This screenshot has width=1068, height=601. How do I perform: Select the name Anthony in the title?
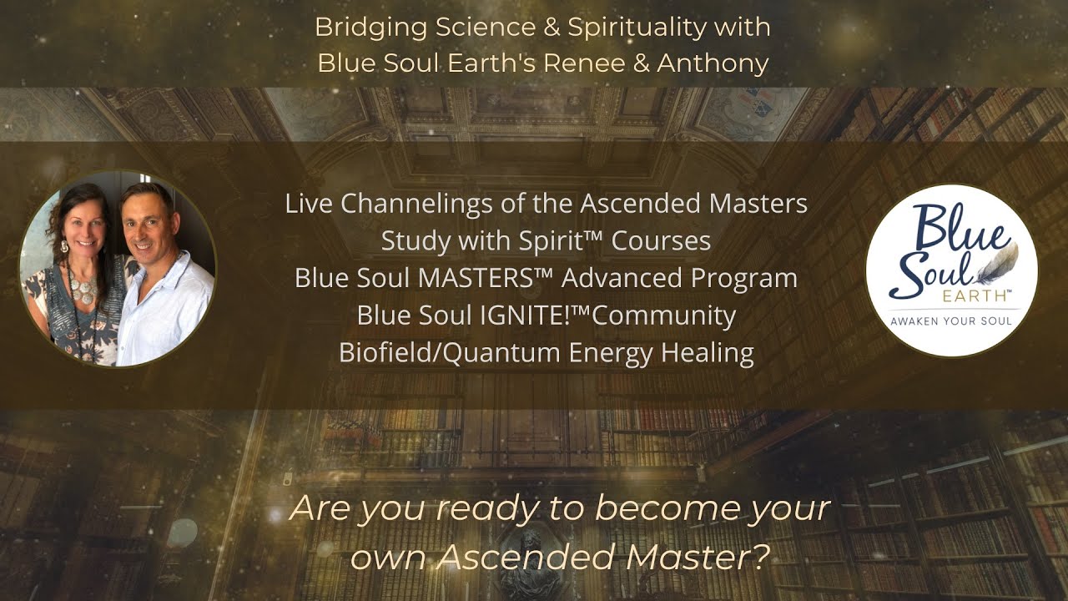click(713, 63)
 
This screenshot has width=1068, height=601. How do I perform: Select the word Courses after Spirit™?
click(661, 240)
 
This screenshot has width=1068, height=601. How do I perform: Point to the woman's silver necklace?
click(83, 289)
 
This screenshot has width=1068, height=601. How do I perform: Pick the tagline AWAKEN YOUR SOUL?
click(951, 321)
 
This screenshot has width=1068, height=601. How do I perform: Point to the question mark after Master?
click(756, 557)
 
